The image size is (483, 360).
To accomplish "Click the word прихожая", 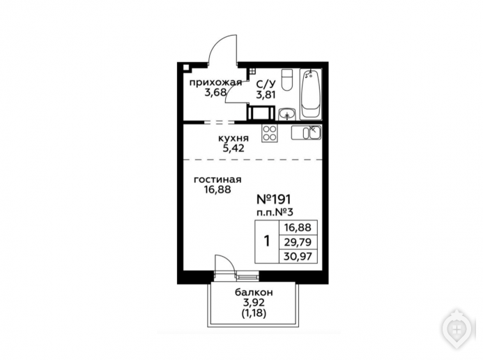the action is pos(215,83).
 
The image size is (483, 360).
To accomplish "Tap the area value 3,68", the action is pos(215,92).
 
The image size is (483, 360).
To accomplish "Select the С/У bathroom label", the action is pos(266,84).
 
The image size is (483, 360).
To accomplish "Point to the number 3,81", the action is pos(266,94).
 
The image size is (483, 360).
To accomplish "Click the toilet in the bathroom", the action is pos(287,80).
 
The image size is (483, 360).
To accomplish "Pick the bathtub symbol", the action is pos(311,93).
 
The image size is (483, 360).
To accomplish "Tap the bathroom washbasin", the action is pos(287,114).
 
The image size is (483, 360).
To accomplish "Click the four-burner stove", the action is pos(270,133).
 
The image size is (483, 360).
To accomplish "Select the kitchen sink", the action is pos(307,133).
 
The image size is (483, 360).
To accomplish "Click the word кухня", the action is pos(233,138).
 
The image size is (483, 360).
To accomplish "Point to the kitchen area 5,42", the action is pos(233,148).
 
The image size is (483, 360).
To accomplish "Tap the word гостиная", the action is pos(217,179).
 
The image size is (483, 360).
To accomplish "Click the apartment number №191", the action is pos(273,200).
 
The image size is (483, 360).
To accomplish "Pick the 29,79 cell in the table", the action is pos(298,242).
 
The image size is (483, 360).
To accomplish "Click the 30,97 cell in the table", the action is pos(298,256).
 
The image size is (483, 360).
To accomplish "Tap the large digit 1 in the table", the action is pos(267,241).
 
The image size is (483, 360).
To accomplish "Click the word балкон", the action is pos(254,292).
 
